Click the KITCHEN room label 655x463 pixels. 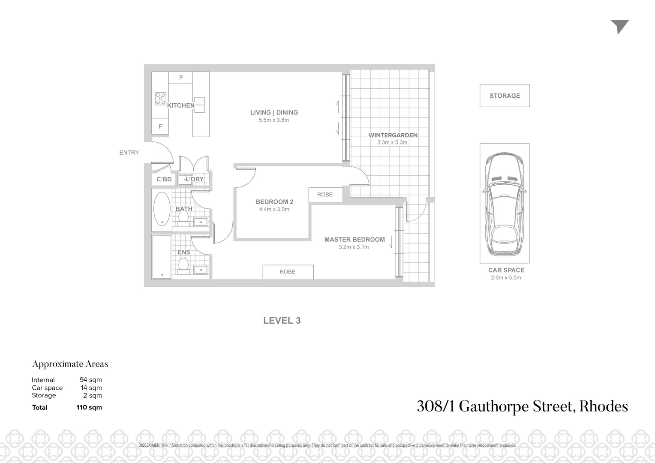(180, 105)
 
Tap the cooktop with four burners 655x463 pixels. (161, 99)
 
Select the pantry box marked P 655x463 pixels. (181, 78)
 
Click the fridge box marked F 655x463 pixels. (160, 126)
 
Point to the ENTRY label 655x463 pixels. (129, 153)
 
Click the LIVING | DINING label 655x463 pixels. (274, 113)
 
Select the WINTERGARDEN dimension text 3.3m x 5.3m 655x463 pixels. (392, 142)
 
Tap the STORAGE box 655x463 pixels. (505, 96)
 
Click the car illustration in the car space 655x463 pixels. (505, 204)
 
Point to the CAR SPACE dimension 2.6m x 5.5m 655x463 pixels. (506, 278)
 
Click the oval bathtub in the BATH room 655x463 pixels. (162, 209)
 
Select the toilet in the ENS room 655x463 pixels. (184, 265)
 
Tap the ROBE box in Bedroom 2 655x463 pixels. (325, 195)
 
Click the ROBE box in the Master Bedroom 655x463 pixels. (288, 272)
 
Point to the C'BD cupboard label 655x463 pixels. (164, 179)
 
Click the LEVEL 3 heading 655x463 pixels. (282, 321)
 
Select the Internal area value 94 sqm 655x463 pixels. (90, 380)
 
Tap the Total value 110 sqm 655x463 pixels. (89, 407)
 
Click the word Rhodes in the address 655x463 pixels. (604, 406)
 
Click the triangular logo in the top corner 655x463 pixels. (619, 27)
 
